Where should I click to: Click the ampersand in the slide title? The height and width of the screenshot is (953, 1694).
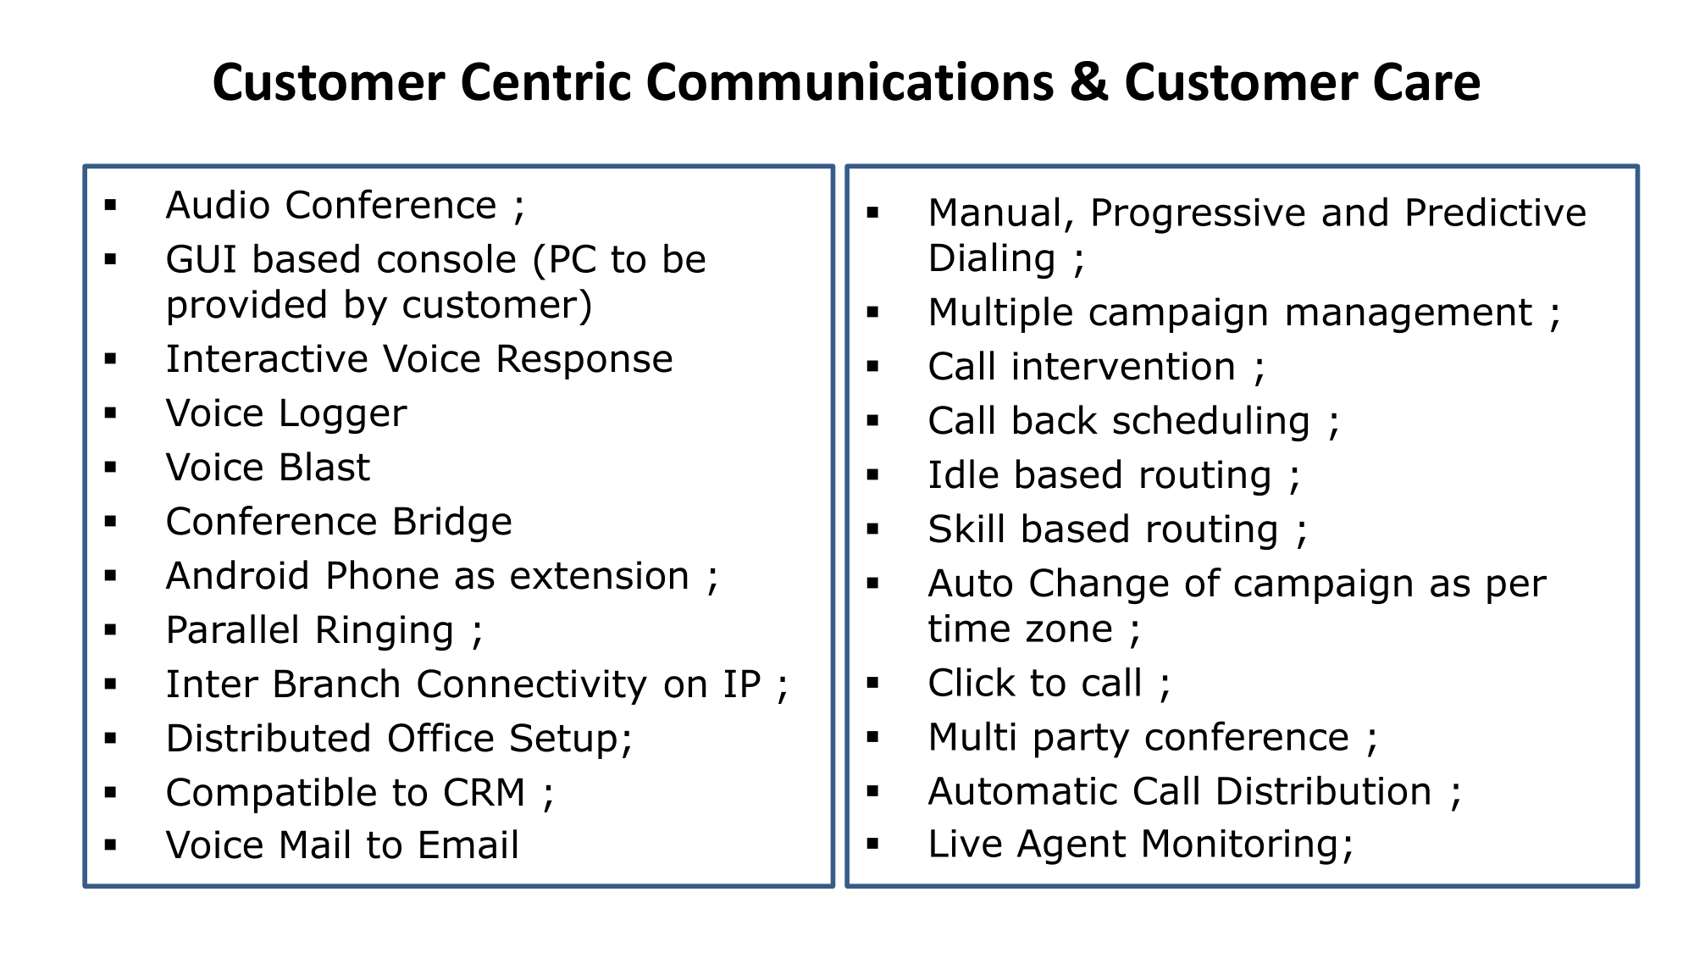1088,83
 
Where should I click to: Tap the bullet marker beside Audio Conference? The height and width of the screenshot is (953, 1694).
110,204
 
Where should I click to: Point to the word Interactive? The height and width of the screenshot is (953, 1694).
267,359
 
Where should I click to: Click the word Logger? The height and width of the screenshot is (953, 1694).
342,414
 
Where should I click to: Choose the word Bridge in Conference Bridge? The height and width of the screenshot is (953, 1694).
451,522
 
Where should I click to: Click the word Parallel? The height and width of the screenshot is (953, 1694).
233,630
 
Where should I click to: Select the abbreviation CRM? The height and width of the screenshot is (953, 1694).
484,793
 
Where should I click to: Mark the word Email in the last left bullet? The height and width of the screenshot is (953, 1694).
468,845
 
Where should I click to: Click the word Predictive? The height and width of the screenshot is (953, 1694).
1495,213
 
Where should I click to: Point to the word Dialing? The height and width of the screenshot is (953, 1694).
991,258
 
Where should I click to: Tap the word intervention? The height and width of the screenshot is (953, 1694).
1123,367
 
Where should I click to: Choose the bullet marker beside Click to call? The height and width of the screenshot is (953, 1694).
873,683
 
